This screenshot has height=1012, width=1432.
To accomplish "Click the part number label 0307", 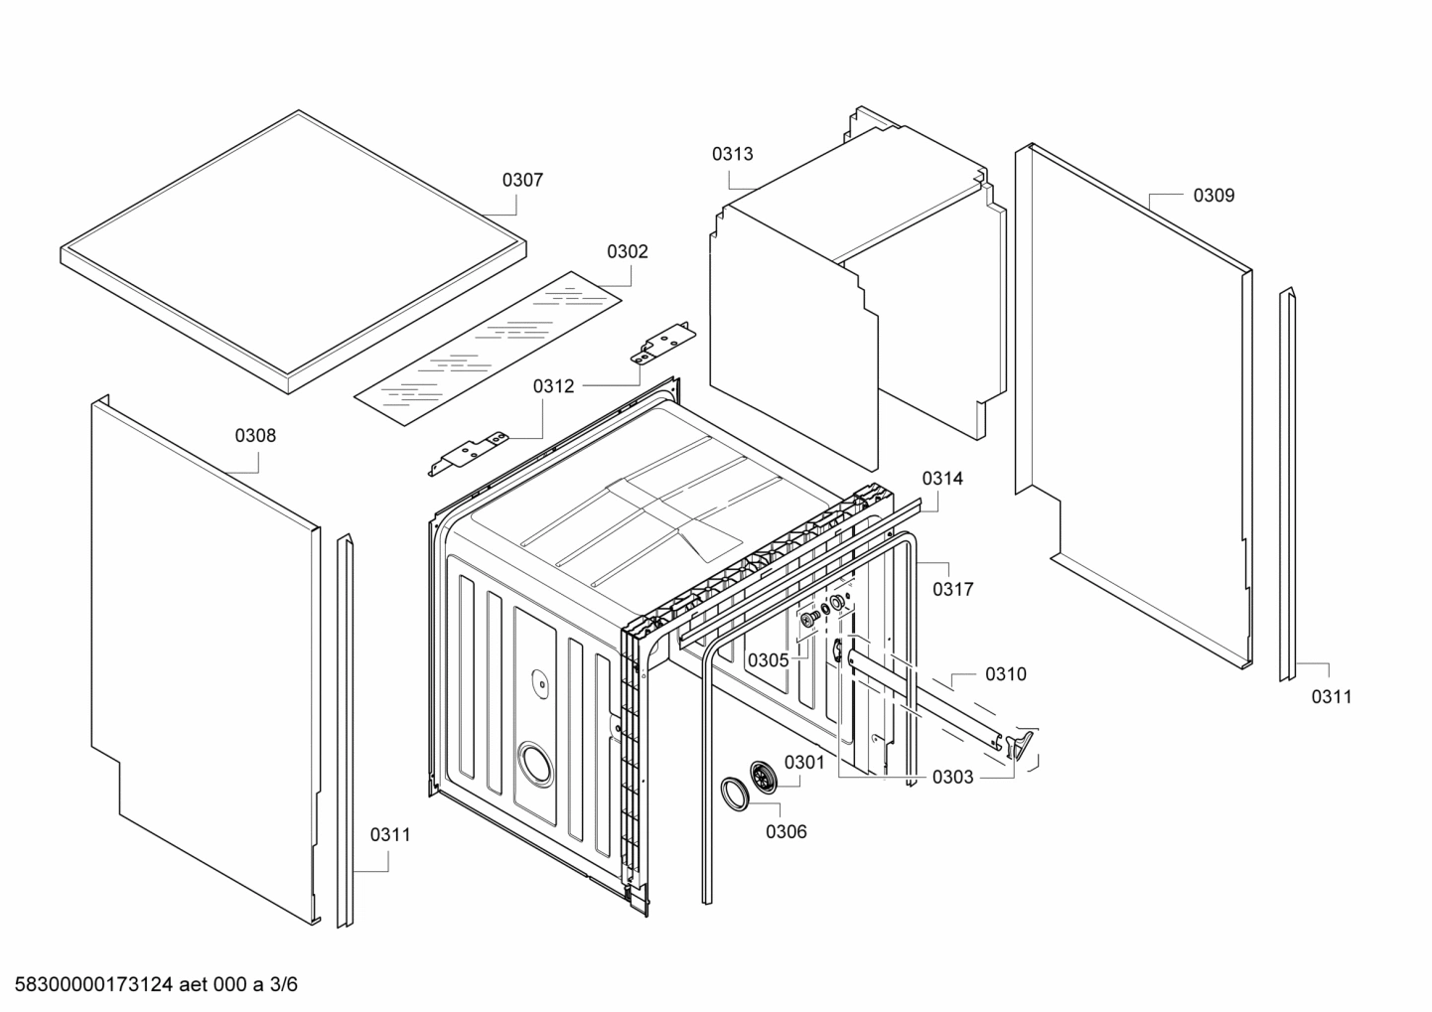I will (522, 180).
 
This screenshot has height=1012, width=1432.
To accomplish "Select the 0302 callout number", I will (627, 251).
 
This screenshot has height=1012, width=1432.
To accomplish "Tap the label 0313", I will (732, 154).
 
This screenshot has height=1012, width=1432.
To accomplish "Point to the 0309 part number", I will (1214, 196).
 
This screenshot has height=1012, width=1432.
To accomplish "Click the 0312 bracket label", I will (553, 386).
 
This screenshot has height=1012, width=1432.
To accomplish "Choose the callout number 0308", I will (255, 435).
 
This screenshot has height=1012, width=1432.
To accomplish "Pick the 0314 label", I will (941, 479).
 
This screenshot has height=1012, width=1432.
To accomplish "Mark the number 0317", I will (952, 589).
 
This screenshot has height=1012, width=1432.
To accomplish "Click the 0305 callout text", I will (768, 660).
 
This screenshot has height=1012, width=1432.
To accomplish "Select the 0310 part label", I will (1005, 674).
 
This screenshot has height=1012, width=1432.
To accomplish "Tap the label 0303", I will (952, 778).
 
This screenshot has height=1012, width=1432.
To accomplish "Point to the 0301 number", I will (804, 762).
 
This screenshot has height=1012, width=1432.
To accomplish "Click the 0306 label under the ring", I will (786, 832).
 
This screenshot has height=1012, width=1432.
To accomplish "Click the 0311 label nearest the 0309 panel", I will (1331, 697).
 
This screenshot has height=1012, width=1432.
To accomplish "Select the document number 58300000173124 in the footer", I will (95, 984).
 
